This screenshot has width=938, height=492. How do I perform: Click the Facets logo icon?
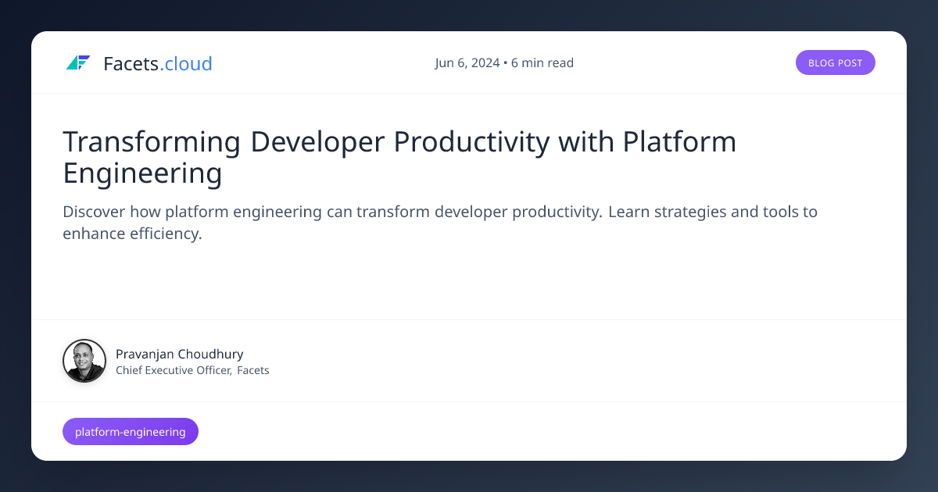(x=78, y=63)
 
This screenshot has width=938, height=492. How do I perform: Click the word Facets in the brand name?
(x=131, y=63)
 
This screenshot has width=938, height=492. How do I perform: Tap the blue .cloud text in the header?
(x=186, y=63)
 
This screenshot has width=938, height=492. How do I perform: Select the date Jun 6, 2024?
(x=467, y=63)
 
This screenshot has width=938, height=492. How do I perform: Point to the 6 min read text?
(x=542, y=63)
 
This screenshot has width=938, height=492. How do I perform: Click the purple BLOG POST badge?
(x=835, y=63)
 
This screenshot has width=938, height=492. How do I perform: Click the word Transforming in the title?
(x=152, y=142)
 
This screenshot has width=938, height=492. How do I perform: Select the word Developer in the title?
(x=317, y=142)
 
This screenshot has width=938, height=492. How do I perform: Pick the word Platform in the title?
(x=679, y=142)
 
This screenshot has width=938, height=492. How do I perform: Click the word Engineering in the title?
(x=142, y=173)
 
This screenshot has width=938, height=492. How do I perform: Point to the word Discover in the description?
(x=94, y=212)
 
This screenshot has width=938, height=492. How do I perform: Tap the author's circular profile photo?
(x=84, y=361)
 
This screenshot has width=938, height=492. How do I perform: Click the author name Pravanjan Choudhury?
(x=179, y=354)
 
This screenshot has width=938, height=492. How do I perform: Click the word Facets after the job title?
(x=253, y=370)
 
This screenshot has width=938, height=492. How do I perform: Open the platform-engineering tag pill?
(x=131, y=431)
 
